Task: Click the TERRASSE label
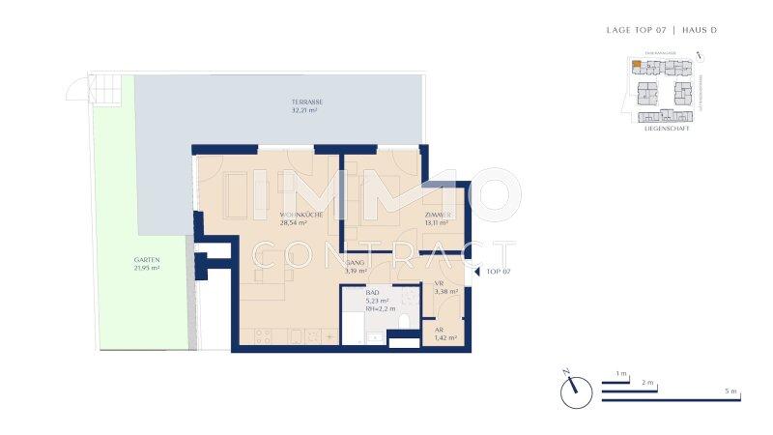point(307,102)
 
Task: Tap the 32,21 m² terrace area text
point(307,111)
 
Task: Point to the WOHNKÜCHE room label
point(301,214)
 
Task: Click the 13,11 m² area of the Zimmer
point(437,222)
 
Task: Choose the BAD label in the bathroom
point(373,292)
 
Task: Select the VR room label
point(439,282)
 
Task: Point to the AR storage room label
point(439,330)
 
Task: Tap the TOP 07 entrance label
point(500,273)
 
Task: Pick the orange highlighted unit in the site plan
point(635,66)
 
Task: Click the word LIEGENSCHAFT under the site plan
point(666,128)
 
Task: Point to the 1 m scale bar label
point(621,373)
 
